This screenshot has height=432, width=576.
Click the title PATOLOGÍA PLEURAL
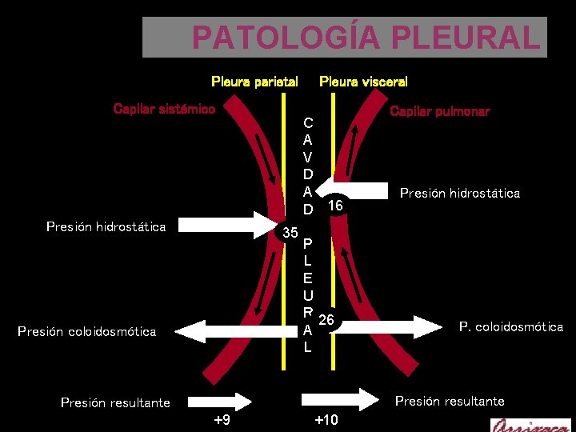pos(366,38)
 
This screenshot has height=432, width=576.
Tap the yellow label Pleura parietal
pos(254,82)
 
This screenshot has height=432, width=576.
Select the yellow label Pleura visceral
pos(363,82)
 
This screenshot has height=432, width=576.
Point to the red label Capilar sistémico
pos(164,109)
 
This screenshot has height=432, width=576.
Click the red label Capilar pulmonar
pos(439,112)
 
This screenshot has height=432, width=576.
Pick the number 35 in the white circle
pos(290,234)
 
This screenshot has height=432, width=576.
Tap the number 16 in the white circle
pos(337,206)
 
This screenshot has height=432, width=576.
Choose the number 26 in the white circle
pos(326,321)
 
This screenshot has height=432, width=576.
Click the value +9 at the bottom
pos(222,420)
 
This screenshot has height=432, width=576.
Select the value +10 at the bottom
pos(326,420)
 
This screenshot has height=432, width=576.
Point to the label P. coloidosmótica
pos(510,326)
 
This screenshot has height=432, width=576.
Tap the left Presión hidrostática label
pos(106,226)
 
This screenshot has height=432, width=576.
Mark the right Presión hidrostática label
pos(459,193)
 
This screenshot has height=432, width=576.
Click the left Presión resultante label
pos(115,402)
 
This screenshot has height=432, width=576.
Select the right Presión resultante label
pos(450,401)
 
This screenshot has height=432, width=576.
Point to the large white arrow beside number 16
pos(360,191)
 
